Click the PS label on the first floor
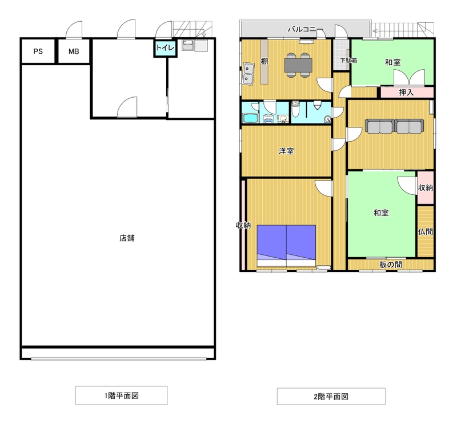(38, 51)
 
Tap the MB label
(74, 51)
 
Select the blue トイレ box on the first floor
(165, 48)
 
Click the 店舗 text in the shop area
(127, 238)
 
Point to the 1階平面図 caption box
(121, 395)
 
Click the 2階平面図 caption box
(331, 397)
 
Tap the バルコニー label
(306, 30)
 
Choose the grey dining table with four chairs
(298, 65)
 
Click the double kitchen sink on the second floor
(248, 74)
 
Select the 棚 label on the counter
(264, 62)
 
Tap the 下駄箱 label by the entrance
(348, 61)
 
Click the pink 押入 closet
(407, 93)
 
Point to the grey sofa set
(395, 126)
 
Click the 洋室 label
(286, 151)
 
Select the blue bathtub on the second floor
(250, 118)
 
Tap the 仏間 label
(426, 232)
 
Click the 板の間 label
(391, 265)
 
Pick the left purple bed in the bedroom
(272, 246)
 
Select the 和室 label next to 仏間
(381, 213)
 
